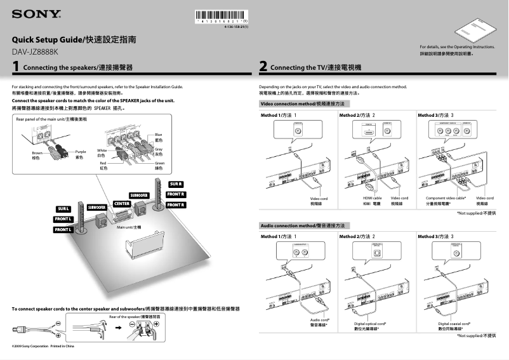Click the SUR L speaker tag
[63, 208]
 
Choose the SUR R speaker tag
[176, 184]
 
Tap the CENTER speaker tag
[121, 203]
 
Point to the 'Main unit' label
[128, 227]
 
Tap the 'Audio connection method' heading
[303, 225]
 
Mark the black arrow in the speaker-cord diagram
[118, 328]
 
